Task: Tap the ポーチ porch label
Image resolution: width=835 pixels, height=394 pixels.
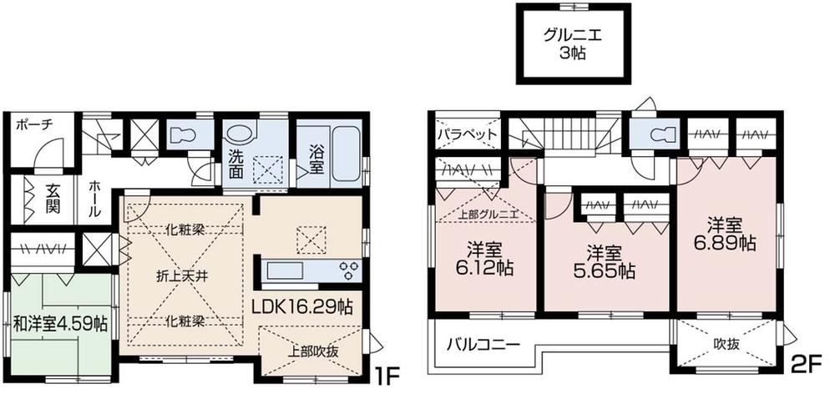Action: [34, 124]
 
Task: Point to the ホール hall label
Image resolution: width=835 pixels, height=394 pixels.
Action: [94, 200]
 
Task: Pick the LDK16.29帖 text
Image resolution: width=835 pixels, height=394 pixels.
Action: [301, 306]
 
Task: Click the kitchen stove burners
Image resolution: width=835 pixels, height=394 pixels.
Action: [347, 270]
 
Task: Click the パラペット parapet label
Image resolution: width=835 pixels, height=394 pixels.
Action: [467, 134]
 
